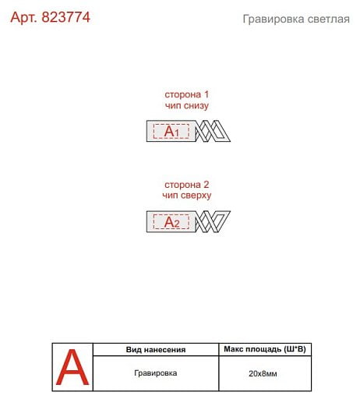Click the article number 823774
65,17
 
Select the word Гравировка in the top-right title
274,19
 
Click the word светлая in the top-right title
328,19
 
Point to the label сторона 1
187,94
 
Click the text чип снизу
187,105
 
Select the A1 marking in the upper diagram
171,131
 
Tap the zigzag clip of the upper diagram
213,131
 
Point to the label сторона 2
187,185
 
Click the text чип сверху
187,196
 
